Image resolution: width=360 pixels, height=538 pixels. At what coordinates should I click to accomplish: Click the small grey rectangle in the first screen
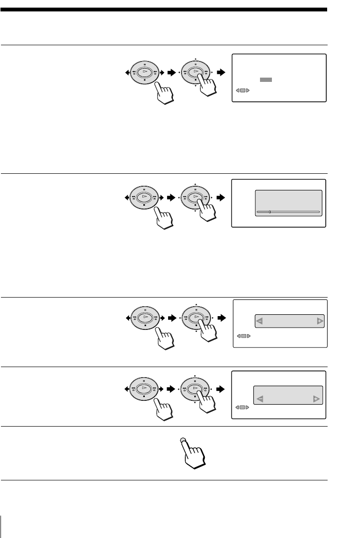[266, 80]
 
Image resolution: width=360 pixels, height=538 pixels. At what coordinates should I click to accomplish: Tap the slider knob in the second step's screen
[270, 211]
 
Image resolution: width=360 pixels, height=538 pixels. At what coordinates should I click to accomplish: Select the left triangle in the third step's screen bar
[260, 322]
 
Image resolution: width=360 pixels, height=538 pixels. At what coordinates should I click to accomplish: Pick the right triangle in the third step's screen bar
[319, 322]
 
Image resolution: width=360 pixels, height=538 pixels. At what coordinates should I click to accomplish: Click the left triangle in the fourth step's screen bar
[260, 399]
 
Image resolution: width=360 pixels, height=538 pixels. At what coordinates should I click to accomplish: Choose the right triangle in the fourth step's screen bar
[316, 399]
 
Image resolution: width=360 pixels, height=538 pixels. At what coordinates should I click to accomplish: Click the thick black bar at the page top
[164, 9]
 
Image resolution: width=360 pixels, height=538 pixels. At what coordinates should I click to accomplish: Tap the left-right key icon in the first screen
[243, 90]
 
